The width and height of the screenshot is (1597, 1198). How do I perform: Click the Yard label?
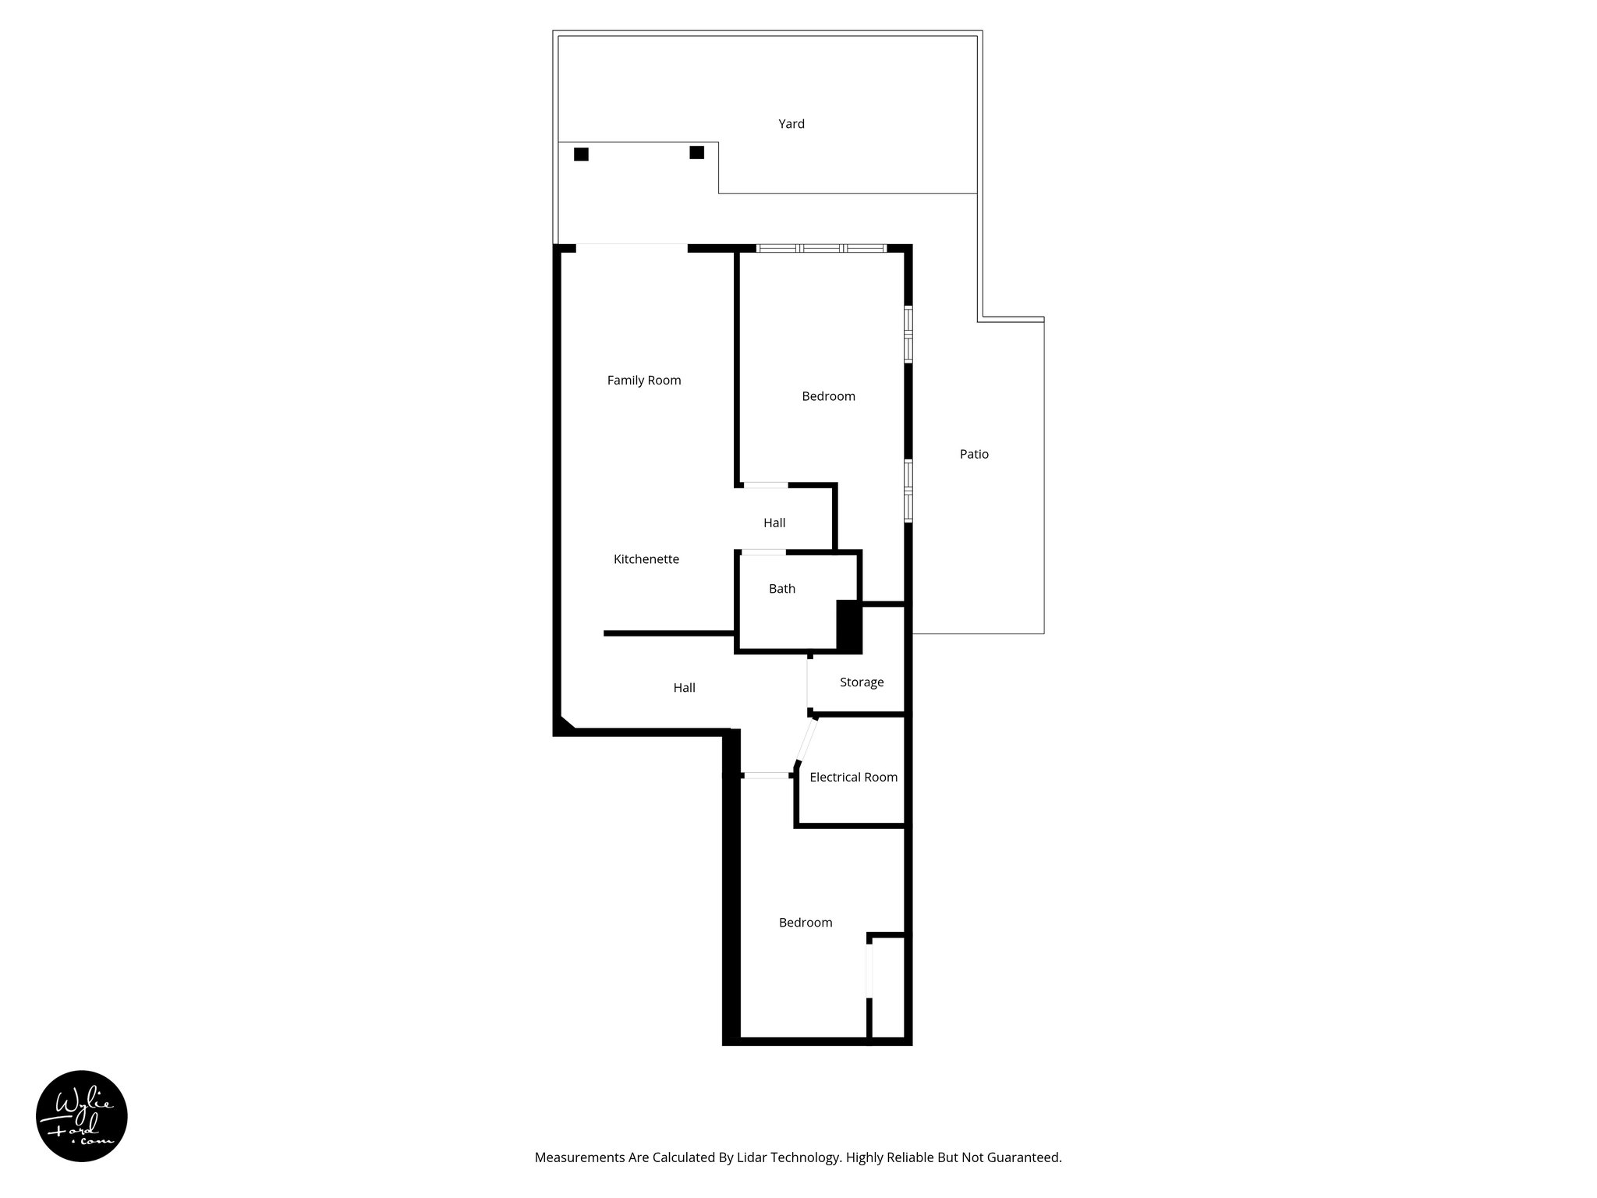click(791, 124)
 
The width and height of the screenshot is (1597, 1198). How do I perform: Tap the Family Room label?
click(644, 381)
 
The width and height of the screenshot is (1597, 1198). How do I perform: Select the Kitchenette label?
click(646, 559)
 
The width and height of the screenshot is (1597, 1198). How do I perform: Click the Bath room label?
click(781, 589)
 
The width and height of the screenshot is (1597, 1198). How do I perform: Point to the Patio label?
click(974, 454)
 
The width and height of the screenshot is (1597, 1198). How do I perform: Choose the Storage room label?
click(861, 682)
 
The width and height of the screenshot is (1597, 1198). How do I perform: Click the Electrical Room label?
click(853, 778)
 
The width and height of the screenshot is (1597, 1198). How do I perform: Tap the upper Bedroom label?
click(828, 396)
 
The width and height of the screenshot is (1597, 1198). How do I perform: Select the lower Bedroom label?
click(806, 923)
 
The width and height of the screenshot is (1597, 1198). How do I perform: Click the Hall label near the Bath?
click(774, 523)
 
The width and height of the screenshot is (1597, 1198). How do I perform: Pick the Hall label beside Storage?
click(684, 688)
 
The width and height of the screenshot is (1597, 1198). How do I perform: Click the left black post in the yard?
click(581, 154)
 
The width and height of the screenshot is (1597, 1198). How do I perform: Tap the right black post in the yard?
click(696, 152)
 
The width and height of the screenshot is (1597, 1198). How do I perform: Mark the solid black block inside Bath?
click(848, 626)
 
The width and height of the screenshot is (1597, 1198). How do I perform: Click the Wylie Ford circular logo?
click(82, 1116)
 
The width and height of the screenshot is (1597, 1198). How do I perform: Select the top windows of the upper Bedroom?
click(821, 248)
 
